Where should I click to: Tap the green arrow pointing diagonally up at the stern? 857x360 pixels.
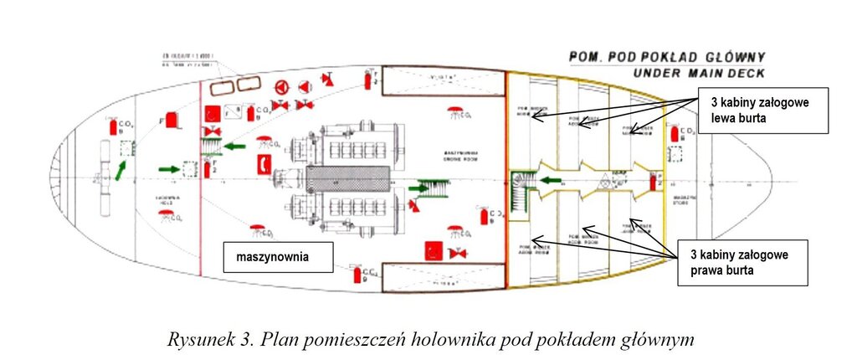(124, 171)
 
